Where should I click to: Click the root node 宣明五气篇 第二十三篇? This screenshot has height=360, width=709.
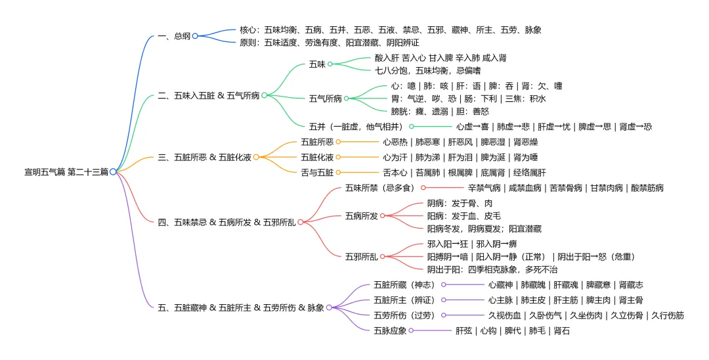coord(66,172)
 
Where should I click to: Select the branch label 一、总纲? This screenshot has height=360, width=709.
coord(174,36)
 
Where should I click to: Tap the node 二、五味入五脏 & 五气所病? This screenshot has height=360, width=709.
coord(209,95)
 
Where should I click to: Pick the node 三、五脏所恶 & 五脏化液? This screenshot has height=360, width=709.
coord(204,158)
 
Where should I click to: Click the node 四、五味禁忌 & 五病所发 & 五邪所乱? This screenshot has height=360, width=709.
coord(226,223)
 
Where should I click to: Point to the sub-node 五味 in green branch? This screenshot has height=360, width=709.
coord(317,64)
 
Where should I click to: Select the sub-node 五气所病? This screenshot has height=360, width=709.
coord(325,99)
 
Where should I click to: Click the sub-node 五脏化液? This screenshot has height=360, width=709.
coord(317,158)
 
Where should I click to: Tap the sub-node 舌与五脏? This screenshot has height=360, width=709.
coord(317,173)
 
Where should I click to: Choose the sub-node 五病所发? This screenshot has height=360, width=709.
coord(361,216)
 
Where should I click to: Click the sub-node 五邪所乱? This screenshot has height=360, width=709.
coord(361,257)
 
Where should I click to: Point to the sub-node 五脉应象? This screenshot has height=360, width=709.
coord(390,331)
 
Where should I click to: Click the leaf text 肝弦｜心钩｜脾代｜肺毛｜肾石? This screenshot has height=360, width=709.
coord(512,331)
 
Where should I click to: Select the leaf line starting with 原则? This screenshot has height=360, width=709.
coord(329,43)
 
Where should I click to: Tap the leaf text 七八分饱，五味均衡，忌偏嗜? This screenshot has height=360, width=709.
coord(428,71)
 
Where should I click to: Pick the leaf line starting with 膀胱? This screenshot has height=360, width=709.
coord(439,112)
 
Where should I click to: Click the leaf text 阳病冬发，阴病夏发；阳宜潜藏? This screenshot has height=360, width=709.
coord(484,229)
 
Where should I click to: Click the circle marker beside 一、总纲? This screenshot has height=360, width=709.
coord(195,36)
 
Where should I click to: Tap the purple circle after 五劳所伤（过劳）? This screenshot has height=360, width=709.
coord(444,315)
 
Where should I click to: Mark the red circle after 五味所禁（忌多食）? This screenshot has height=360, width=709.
coord(423,188)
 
